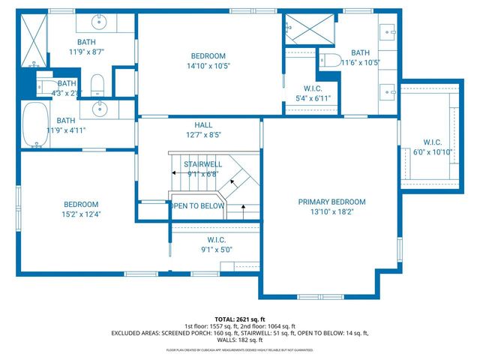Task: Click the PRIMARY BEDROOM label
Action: click(331, 202)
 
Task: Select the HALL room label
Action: click(203, 124)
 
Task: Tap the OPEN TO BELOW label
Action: click(197, 205)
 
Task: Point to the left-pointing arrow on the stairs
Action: click(177, 172)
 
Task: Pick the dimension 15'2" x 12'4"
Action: click(80, 214)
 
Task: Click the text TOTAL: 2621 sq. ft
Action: click(239, 319)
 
